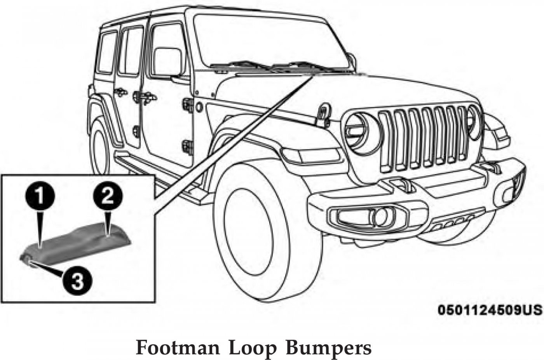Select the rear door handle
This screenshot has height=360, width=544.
pyautogui.click(x=120, y=92)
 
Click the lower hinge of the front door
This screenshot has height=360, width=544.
pyautogui.click(x=187, y=147)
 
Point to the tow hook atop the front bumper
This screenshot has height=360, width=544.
pyautogui.click(x=400, y=184)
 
